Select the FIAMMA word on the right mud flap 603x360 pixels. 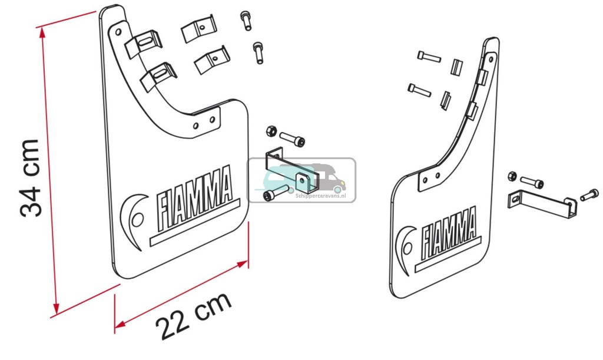(449, 232)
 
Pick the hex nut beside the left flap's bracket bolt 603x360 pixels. (271, 130)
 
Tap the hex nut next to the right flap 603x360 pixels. (512, 176)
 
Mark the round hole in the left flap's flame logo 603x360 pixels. (137, 219)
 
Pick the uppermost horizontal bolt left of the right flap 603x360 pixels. (429, 57)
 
